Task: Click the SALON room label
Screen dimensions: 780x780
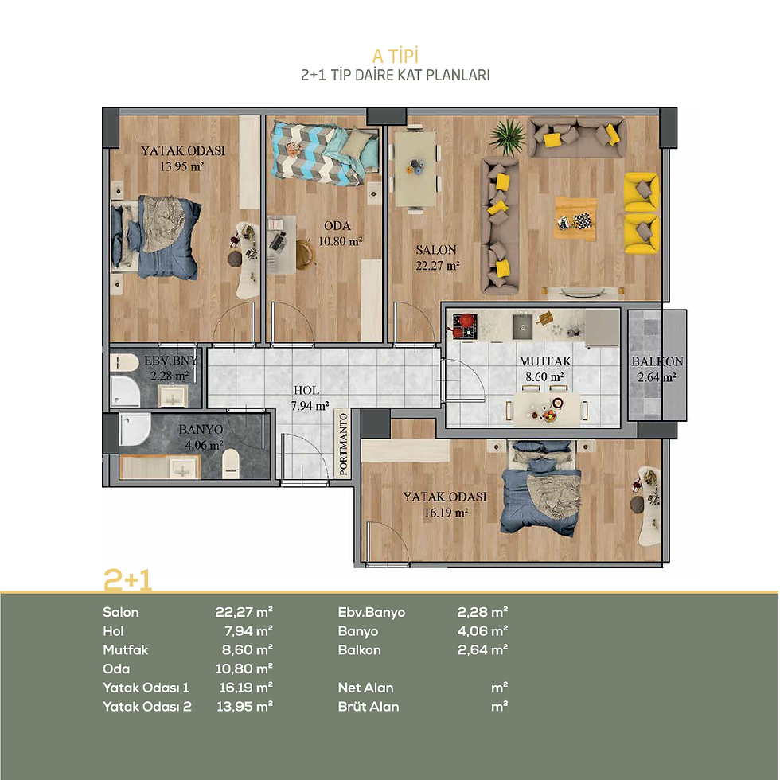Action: click(436, 250)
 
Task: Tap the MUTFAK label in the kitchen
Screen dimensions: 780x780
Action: click(545, 361)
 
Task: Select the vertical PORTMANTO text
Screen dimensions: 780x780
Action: click(343, 444)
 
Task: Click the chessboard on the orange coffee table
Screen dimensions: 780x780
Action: click(583, 220)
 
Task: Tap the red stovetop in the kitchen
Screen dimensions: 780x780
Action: click(465, 326)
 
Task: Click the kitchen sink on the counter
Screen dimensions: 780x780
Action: click(523, 325)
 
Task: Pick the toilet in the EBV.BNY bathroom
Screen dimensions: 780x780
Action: click(124, 361)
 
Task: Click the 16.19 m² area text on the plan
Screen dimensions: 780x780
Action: click(446, 513)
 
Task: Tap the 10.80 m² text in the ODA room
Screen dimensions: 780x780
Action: click(341, 242)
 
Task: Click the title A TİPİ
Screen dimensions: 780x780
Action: click(396, 57)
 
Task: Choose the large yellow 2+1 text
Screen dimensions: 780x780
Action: click(127, 579)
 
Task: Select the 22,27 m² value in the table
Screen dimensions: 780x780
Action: click(244, 612)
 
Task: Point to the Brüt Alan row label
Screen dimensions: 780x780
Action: click(369, 707)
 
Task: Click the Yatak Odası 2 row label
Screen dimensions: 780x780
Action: click(147, 707)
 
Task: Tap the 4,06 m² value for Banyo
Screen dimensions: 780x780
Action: click(482, 630)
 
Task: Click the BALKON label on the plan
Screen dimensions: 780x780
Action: click(657, 361)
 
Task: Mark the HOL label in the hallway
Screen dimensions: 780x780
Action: click(306, 391)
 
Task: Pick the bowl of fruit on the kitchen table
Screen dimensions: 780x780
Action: click(549, 415)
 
